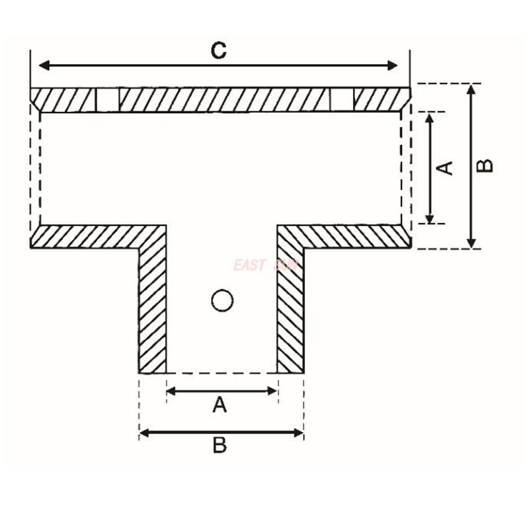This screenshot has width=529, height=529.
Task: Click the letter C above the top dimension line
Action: click(219, 50)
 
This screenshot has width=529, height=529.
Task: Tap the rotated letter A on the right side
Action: click(446, 167)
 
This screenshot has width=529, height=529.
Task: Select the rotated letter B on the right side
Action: click(485, 165)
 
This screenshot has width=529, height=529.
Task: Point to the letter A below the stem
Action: click(220, 404)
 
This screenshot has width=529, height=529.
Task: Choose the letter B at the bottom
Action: click(220, 445)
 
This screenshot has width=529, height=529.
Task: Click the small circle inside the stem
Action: click(222, 301)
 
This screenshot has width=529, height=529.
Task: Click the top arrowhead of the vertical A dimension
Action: click(430, 118)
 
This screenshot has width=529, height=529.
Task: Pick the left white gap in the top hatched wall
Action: click(107, 100)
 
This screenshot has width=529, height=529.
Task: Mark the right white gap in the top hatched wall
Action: click(341, 100)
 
